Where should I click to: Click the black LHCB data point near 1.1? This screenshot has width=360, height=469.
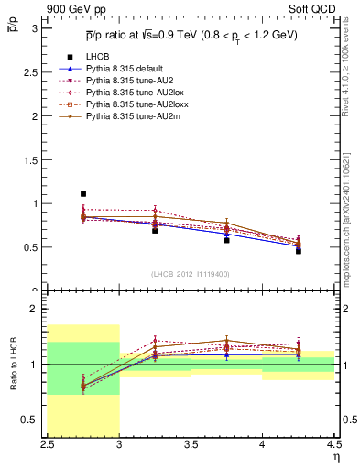pos(83,194)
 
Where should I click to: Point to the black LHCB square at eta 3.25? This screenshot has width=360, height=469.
pos(155,230)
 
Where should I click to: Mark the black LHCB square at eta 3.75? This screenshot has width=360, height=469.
pos(226,240)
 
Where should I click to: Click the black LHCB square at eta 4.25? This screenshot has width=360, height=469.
pos(298,250)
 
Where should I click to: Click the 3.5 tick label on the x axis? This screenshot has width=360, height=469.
pos(191,444)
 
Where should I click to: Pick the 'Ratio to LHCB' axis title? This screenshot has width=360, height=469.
pos(13,365)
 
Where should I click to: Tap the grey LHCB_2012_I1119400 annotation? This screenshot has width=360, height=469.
pos(191,274)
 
